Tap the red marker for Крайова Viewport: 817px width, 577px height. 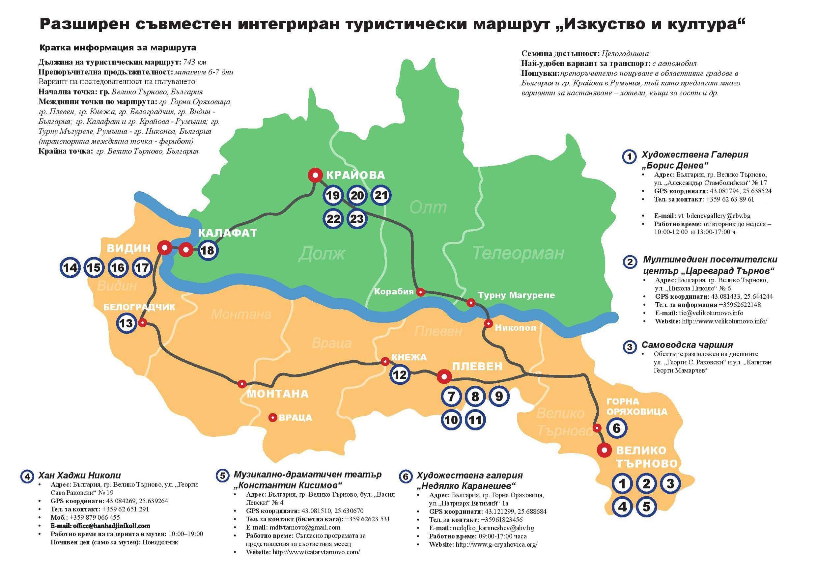click(315, 175)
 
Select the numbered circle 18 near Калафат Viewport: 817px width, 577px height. click(208, 250)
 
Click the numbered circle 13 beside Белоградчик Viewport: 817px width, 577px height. click(126, 323)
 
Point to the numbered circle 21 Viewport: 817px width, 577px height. click(381, 195)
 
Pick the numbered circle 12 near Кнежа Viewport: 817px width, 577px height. click(400, 374)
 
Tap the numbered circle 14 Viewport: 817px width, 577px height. click(70, 267)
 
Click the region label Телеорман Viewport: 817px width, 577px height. click(519, 253)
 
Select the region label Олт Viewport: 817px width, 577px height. click(428, 207)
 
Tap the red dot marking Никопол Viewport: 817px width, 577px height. click(489, 323)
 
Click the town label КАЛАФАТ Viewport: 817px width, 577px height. click(227, 233)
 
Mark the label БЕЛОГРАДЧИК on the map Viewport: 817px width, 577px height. click(139, 307)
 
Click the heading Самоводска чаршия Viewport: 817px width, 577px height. click(687, 345)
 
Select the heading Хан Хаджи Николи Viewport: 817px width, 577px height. click(79, 475)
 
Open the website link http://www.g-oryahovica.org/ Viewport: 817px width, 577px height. click(496, 544)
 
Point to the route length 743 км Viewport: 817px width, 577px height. click(195, 62)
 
